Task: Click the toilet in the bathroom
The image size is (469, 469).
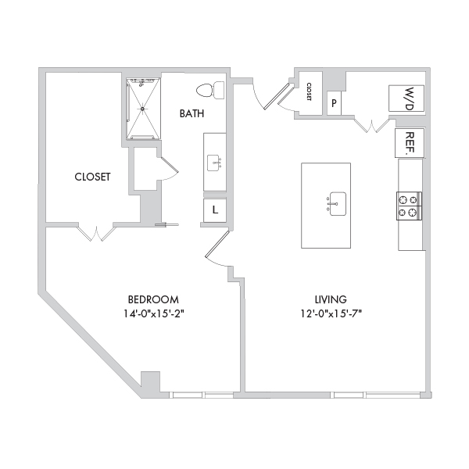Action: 210,90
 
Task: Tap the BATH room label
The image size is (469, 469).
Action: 192,113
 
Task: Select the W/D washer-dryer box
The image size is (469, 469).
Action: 406,98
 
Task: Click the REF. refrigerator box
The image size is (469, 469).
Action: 410,143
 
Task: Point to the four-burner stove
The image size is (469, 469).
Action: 409,206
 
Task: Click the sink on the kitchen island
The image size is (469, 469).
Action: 337,204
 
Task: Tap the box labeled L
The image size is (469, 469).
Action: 215,210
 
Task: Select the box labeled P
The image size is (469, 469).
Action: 334,103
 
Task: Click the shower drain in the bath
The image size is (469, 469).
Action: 143,109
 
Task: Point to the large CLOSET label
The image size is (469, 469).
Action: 92,177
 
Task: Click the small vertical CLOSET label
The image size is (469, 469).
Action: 309,91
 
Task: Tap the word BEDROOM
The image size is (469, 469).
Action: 153,299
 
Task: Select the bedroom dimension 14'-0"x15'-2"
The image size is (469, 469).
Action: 153,313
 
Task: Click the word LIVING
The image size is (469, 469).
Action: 331,299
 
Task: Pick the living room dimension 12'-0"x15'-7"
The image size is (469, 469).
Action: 331,313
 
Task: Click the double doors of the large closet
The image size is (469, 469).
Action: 96,233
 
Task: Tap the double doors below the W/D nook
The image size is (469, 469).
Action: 372,125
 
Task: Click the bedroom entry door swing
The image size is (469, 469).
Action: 218,249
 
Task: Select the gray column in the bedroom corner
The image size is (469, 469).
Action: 150,382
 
